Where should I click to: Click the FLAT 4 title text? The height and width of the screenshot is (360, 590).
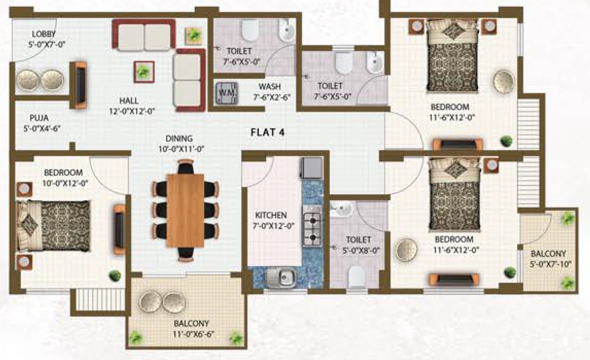tap(267, 132)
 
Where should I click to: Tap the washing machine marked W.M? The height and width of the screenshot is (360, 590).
tap(226, 93)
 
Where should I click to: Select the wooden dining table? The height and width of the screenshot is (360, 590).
tap(185, 210)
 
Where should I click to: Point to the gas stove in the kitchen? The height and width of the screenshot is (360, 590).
tap(312, 226)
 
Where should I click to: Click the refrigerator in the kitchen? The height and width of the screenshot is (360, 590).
tap(311, 168)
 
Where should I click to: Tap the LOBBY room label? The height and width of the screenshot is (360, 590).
tap(44, 34)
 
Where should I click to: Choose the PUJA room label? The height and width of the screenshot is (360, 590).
tap(39, 118)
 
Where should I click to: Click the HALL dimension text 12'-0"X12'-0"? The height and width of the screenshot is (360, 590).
tap(132, 111)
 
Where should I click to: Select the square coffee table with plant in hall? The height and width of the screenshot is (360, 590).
tap(143, 71)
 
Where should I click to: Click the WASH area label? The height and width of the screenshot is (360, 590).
tap(270, 87)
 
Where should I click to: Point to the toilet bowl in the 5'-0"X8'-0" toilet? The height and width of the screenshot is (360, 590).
tap(356, 276)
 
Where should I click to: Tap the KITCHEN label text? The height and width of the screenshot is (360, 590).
tap(271, 215)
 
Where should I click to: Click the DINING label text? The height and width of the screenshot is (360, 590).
tap(179, 138)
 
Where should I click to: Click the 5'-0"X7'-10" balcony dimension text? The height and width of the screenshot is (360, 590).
tap(551, 264)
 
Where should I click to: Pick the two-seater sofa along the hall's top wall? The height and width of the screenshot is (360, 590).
tap(143, 35)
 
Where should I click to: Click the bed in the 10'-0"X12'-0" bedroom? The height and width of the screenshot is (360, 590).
tap(54, 226)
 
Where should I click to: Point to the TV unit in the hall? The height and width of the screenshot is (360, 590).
tap(80, 85)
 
